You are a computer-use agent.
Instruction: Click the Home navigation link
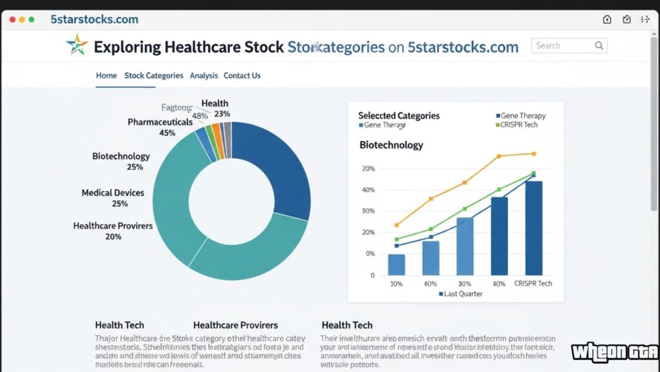[x=106, y=76]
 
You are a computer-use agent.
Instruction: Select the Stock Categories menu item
[x=153, y=76]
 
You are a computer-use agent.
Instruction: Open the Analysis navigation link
[x=204, y=76]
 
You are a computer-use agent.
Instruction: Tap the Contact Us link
[x=242, y=76]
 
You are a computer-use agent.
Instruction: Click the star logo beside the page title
[x=77, y=46]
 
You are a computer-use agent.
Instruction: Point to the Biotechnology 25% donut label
[x=121, y=161]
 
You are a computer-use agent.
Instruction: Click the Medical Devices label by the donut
[x=113, y=198]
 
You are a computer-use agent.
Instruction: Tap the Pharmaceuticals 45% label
[x=160, y=127]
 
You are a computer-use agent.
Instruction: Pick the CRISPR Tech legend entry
[x=518, y=125]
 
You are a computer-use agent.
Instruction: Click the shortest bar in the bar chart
[x=396, y=264]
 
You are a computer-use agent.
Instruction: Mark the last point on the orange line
[x=533, y=154]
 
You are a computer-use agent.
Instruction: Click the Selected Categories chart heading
[x=398, y=116]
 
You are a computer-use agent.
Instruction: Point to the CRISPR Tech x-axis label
[x=533, y=284]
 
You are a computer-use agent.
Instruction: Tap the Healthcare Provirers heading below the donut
[x=235, y=325]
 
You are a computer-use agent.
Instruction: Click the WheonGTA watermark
[x=614, y=352]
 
